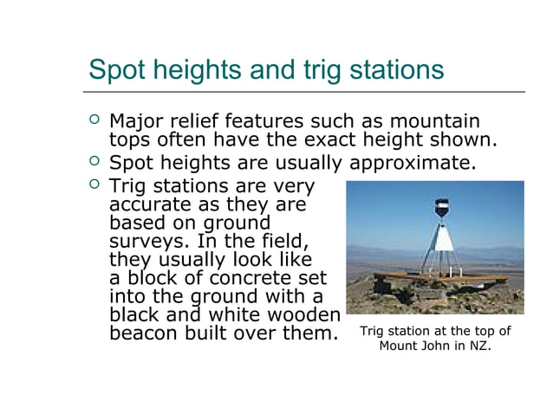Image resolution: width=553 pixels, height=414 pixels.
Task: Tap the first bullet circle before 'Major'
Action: [x=94, y=120]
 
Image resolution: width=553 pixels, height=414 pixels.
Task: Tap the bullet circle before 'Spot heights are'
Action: [x=94, y=162]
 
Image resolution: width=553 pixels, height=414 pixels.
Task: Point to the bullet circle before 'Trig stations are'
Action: [x=94, y=185]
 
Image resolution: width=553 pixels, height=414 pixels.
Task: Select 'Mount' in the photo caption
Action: [x=400, y=346]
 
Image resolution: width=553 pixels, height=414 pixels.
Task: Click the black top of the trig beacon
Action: [x=441, y=207]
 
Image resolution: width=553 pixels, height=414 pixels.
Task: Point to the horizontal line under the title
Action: [x=303, y=91]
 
